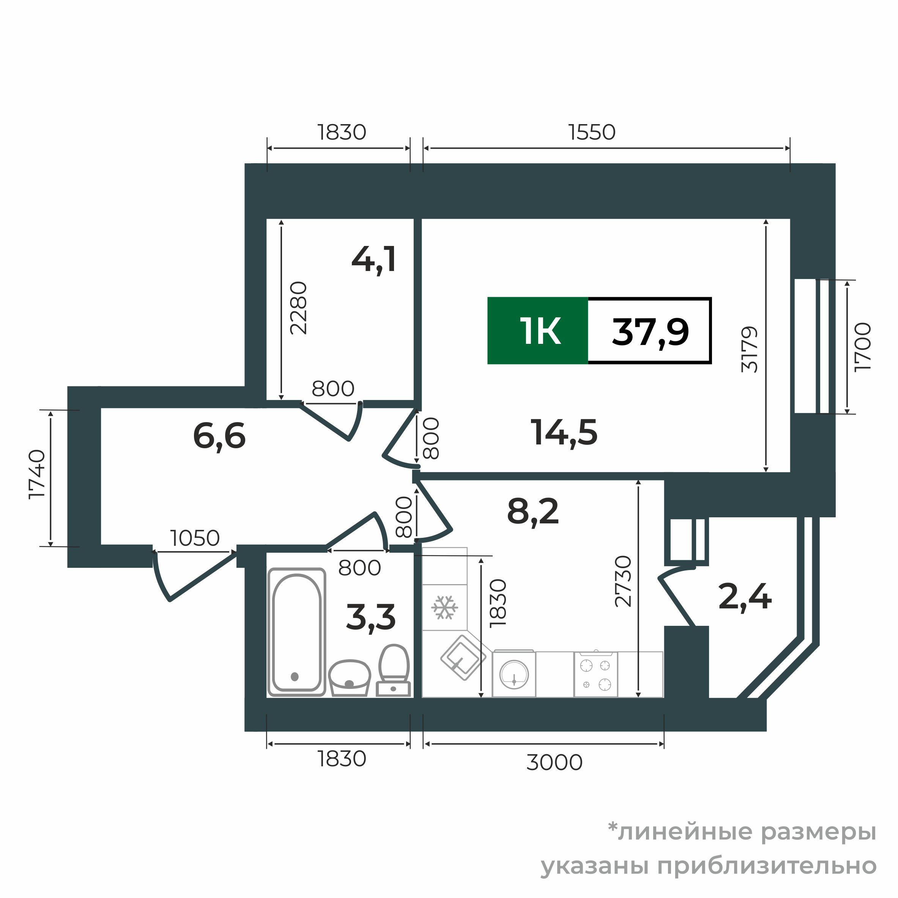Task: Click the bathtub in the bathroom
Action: (296, 632)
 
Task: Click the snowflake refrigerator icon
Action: (444, 608)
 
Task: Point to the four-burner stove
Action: (596, 675)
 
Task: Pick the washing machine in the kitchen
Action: (514, 674)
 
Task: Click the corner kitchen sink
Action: (463, 657)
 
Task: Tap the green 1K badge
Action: (538, 331)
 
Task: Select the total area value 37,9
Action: (650, 331)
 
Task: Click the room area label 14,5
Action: (564, 433)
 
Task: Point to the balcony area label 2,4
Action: (745, 597)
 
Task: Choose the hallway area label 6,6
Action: (219, 436)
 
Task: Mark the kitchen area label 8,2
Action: (532, 511)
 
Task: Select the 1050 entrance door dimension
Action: (195, 538)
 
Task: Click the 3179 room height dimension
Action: (749, 350)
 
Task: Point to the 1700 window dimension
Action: (862, 347)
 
